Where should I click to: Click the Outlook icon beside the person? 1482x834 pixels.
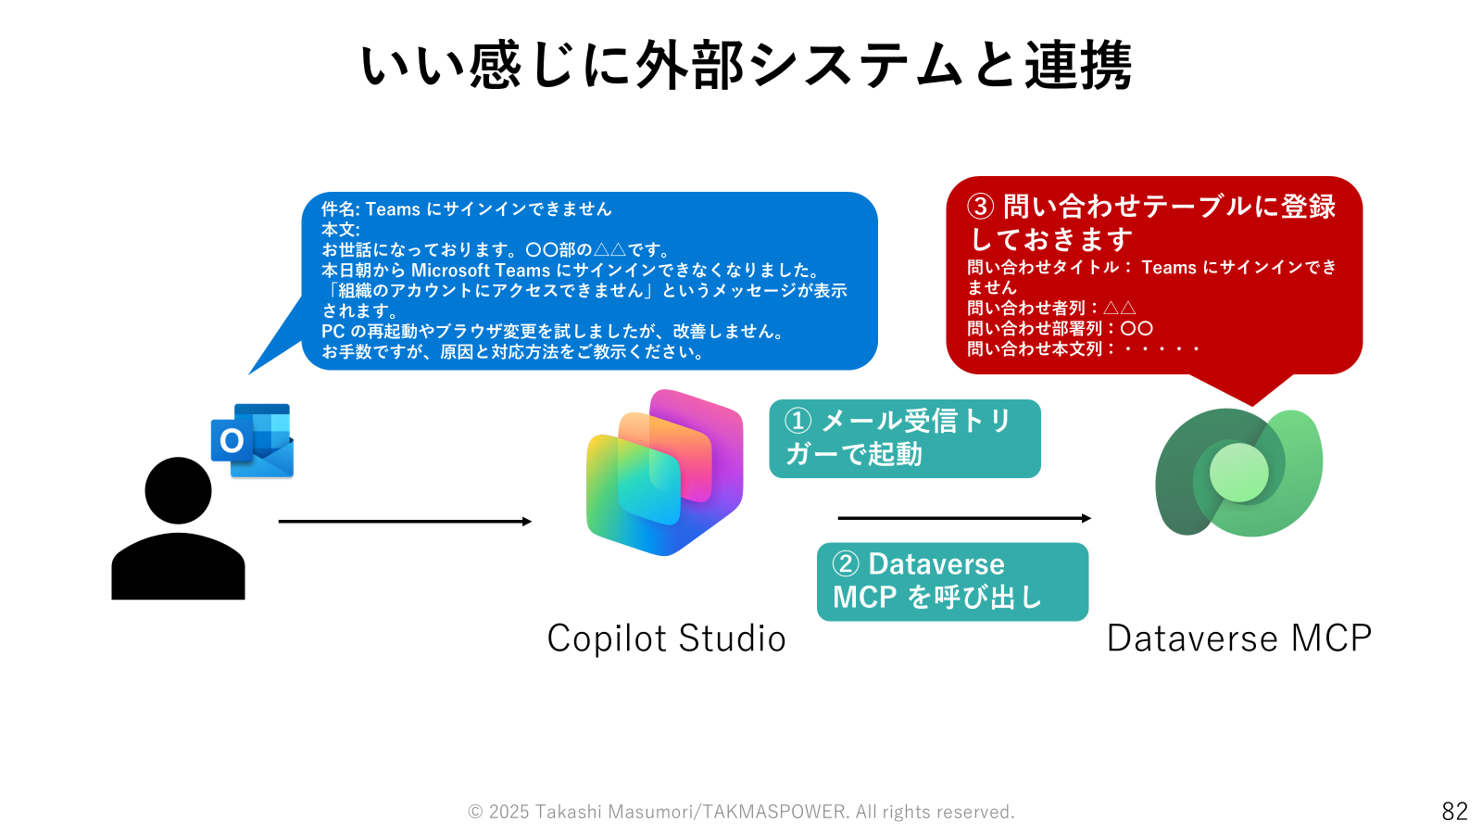252,440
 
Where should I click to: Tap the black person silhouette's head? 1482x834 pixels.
178,490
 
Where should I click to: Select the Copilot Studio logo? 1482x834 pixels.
664,473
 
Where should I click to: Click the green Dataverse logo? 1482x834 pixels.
1238,473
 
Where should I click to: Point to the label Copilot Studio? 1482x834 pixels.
666,638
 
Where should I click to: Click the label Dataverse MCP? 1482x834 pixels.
1239,638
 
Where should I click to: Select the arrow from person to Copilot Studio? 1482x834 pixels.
405,522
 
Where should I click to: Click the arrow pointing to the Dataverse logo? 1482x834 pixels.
964,518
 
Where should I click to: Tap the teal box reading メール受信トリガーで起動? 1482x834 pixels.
904,438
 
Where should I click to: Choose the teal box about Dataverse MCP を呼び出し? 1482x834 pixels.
953,582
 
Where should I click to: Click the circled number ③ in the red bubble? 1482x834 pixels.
981,207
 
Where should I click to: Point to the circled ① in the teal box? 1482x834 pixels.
798,421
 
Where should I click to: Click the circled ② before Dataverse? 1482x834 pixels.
846,564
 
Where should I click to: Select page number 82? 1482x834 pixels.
1455,811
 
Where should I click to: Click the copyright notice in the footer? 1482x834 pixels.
741,812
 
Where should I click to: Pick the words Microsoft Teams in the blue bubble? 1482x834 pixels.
481,270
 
